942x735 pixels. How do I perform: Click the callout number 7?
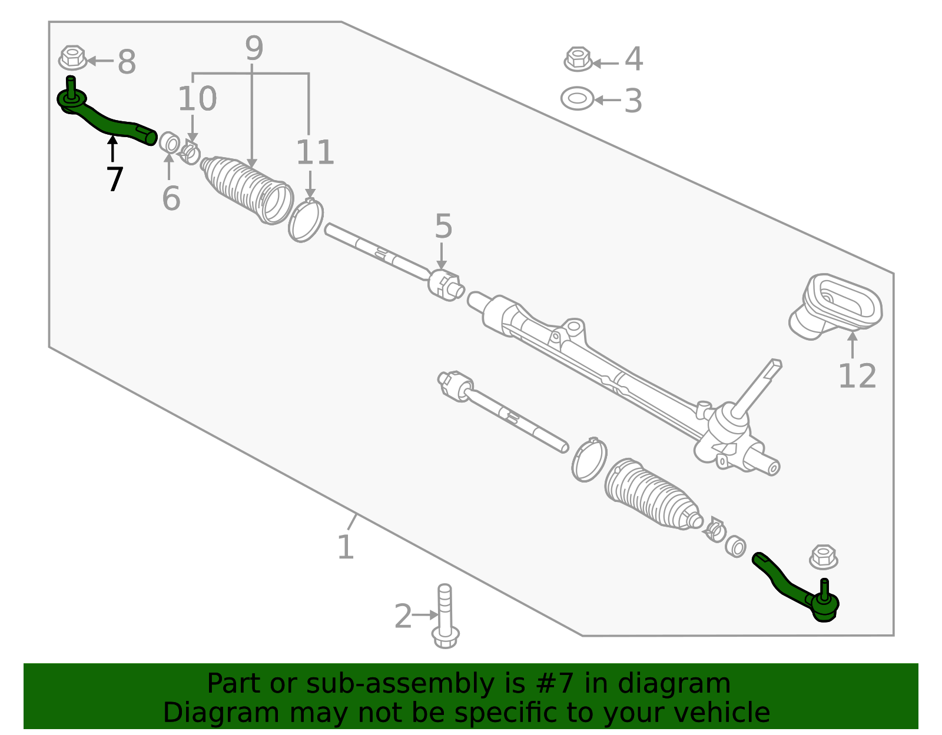[115, 179]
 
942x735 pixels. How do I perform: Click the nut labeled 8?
[72, 58]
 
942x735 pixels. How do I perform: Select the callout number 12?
[857, 376]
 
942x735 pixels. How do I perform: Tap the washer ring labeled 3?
[578, 99]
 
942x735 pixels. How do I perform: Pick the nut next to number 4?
[578, 59]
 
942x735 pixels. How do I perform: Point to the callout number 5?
[443, 227]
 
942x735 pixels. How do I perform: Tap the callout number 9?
[254, 48]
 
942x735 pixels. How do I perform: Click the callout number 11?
[315, 152]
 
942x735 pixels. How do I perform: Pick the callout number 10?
[197, 98]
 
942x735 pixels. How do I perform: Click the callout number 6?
[171, 198]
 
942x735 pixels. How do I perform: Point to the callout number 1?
[346, 547]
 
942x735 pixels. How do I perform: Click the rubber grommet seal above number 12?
[836, 306]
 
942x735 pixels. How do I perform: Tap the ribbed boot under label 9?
[247, 188]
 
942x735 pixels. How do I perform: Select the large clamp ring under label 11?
[306, 221]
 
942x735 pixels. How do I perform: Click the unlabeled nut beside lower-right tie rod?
[823, 557]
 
